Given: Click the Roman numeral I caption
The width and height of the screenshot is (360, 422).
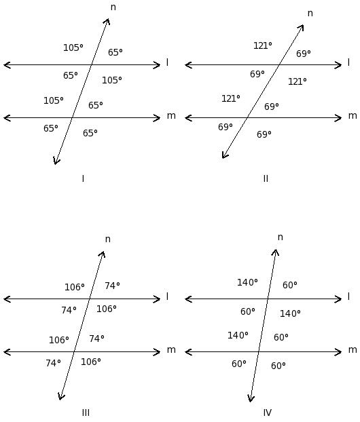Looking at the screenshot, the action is tap(83, 178).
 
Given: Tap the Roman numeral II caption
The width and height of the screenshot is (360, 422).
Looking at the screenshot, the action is tap(266, 178).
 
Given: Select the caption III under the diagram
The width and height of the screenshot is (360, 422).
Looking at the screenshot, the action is tap(86, 413).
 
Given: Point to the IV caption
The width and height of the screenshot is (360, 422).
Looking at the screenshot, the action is tap(268, 413).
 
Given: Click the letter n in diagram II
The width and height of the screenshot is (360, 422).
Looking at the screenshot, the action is tap(310, 13).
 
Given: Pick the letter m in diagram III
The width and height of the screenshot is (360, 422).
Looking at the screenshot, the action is tap(171, 349).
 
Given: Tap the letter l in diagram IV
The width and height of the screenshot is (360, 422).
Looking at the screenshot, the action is tap(348, 296).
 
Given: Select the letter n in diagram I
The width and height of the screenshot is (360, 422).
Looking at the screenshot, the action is tap(113, 7).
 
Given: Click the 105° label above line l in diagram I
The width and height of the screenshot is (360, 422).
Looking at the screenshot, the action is tap(73, 47).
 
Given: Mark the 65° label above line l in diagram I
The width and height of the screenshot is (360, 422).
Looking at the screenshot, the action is tap(115, 52).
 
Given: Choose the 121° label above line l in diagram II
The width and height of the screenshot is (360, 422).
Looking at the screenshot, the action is tap(262, 45).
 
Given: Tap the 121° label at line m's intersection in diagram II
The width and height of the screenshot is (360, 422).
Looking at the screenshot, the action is tap(231, 98).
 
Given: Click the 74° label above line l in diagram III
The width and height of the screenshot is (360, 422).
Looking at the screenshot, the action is tap(112, 286).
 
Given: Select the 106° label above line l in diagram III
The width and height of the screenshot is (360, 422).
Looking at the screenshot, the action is tap(74, 287).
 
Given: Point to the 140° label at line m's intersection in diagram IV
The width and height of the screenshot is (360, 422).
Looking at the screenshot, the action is tap(238, 335).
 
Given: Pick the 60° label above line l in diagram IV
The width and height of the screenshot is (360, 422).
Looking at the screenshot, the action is tap(289, 285).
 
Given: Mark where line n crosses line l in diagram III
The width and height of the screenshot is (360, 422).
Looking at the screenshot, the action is tap(90, 299).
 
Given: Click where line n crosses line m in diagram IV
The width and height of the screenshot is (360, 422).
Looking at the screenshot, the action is tap(259, 351).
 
